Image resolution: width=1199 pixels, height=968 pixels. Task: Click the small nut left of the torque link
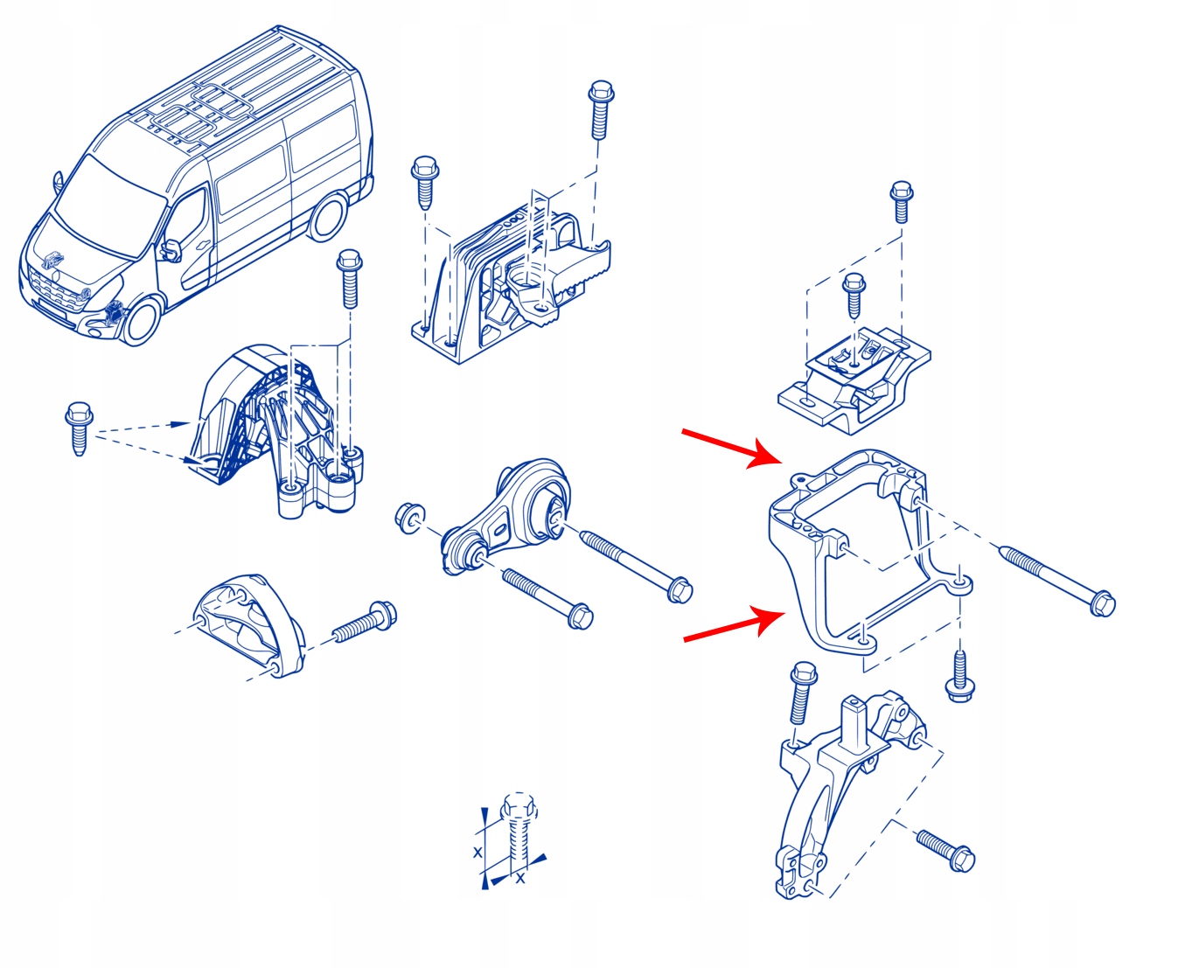click(x=407, y=516)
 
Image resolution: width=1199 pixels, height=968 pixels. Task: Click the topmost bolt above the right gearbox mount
click(x=901, y=201)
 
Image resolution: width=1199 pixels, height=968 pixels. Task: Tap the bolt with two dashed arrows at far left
click(x=78, y=427)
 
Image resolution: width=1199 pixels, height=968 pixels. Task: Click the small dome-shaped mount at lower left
click(x=247, y=624)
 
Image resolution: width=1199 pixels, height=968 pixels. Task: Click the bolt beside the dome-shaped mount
click(x=366, y=623)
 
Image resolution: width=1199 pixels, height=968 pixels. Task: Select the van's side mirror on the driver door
click(x=169, y=250)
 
